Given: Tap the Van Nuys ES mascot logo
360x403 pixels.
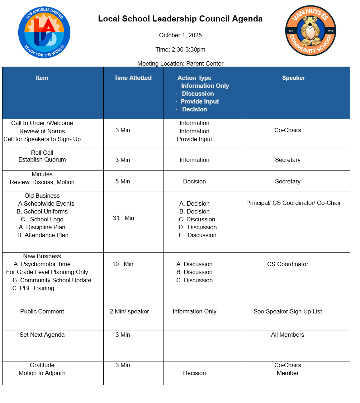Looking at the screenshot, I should click(311, 31).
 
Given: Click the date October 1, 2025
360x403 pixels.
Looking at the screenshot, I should click(180, 35).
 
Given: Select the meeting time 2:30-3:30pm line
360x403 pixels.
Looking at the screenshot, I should click(180, 49).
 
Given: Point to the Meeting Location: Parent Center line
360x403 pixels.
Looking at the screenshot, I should click(180, 63).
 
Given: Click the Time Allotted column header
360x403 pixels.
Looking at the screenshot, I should click(133, 78).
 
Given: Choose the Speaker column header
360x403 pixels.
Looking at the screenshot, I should click(294, 78).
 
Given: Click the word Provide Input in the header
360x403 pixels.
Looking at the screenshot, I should click(199, 101).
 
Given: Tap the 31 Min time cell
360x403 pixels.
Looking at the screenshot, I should click(123, 218).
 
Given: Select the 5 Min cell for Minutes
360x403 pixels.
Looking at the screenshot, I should click(123, 181).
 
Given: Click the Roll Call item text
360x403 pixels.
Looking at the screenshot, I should click(42, 153).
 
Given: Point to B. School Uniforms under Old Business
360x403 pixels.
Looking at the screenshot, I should click(42, 211).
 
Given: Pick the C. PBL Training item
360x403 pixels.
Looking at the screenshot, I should click(33, 288).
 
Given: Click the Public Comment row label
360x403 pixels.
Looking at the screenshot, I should click(42, 311).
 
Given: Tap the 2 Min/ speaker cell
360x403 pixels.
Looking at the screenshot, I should click(129, 311).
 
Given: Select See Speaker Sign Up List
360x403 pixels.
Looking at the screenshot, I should click(288, 311).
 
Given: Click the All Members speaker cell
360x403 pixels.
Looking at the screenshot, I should click(288, 335).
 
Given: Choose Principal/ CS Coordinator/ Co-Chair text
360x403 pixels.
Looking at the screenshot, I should click(294, 203).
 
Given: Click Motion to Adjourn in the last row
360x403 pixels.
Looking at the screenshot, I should click(42, 373).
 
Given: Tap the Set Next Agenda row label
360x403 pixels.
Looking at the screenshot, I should click(42, 335).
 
